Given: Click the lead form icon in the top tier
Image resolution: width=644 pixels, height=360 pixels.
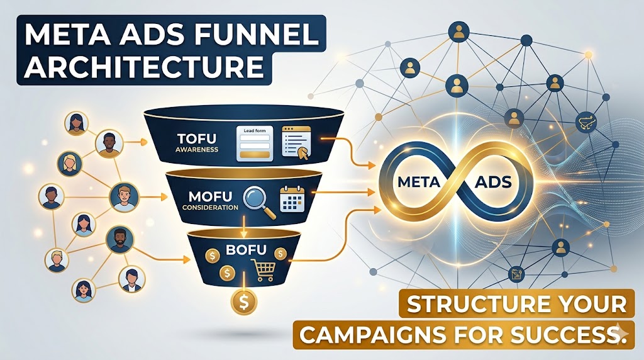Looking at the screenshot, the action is click(255, 143).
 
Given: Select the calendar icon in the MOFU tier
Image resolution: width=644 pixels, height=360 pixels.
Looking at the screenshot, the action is click(292, 198).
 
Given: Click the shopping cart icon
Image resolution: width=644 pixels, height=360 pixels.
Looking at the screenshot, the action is click(265, 269).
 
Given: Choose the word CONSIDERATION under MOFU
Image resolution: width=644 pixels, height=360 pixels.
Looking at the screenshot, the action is click(210, 208).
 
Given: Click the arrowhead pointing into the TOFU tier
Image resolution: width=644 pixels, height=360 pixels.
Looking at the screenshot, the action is click(143, 142).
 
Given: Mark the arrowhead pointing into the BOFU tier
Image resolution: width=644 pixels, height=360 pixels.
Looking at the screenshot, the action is click(187, 259).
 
